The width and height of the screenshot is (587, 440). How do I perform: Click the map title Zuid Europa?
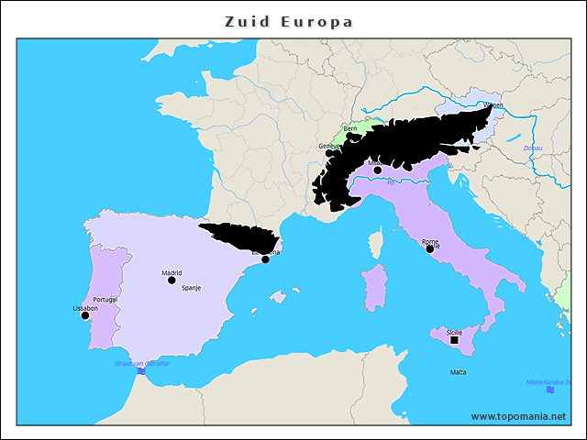coord(289,21)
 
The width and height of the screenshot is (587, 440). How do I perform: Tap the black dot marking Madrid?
coord(172,280)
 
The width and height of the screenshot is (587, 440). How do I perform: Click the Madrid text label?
coord(172,272)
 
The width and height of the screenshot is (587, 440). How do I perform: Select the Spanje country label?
coord(191,288)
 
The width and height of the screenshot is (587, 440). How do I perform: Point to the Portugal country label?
coord(105,300)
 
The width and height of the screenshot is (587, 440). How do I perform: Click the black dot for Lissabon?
coord(85,316)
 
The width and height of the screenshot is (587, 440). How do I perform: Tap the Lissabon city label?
coord(85,308)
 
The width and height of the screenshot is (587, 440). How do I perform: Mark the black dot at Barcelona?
coord(265,259)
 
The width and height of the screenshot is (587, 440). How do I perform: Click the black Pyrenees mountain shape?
coord(238,236)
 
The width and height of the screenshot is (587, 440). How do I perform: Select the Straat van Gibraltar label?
coord(142,363)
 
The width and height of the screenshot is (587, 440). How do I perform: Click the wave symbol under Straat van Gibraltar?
coord(141,371)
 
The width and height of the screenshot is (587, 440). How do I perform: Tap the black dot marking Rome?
coord(429,248)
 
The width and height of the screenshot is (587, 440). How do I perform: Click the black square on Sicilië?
coord(454,340)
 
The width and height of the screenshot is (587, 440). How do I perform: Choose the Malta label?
coord(458,372)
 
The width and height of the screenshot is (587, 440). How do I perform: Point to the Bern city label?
coord(350,129)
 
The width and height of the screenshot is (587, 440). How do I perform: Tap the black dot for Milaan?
coord(377,170)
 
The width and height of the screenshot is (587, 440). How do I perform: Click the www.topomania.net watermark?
coord(518,416)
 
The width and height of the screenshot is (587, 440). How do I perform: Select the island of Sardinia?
coord(375,287)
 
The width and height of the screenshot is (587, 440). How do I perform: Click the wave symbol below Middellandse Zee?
coord(549,390)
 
